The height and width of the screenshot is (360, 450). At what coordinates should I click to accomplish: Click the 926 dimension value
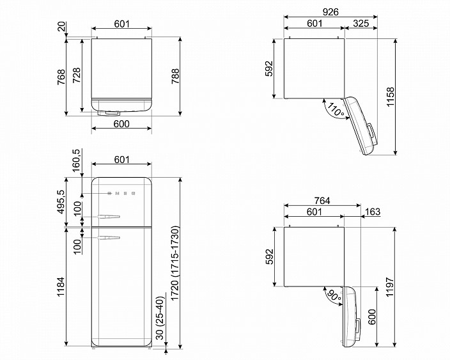pos(330,12)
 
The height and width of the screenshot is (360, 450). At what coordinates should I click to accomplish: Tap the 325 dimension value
pos(361,23)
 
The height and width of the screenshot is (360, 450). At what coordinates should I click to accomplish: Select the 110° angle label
pos(336,110)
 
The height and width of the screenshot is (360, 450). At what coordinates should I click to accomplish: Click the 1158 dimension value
pos(391,97)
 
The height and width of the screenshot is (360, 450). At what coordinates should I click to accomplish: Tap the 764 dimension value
pos(322,201)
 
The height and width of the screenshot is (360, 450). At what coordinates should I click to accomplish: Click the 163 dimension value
pos(373,212)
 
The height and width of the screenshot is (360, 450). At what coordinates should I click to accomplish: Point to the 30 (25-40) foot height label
pos(160,318)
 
